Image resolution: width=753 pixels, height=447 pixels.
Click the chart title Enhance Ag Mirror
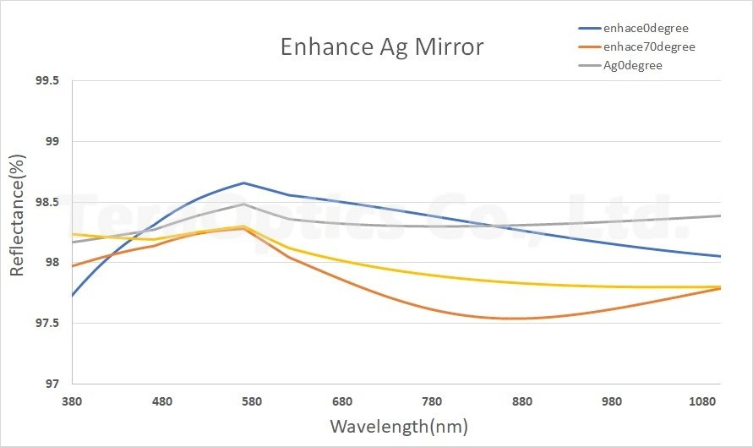(x=382, y=46)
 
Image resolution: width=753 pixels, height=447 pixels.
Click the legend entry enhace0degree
(x=647, y=28)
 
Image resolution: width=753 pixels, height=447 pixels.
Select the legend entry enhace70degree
(x=650, y=46)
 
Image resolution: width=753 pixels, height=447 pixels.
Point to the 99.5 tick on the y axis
(x=46, y=81)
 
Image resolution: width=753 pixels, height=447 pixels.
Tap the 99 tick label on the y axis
(x=52, y=141)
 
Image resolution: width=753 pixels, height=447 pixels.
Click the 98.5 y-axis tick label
(x=46, y=202)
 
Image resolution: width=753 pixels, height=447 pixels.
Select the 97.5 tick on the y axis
(x=46, y=323)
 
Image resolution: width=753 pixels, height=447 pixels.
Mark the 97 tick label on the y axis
(x=52, y=384)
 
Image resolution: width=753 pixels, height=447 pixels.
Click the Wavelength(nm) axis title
(x=398, y=425)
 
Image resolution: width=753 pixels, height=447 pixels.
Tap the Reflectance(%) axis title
(x=17, y=215)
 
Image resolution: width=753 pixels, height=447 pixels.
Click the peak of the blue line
(x=243, y=183)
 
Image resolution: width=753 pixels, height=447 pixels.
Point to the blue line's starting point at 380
(x=74, y=295)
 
